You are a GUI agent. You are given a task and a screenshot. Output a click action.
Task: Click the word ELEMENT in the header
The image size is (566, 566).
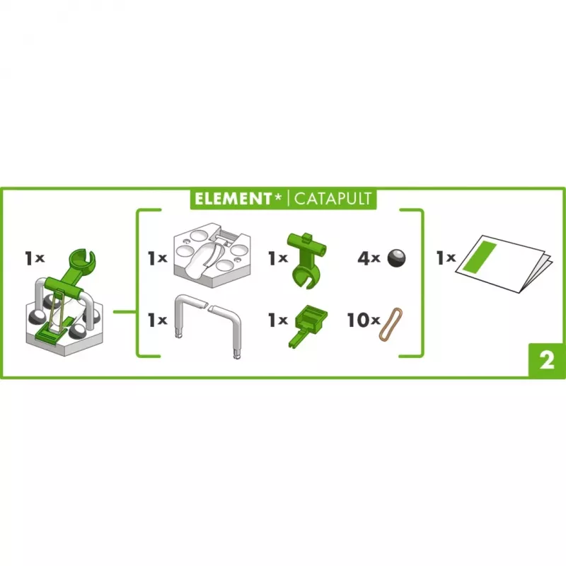(233, 199)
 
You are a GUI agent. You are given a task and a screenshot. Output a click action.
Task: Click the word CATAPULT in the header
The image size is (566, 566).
(333, 199)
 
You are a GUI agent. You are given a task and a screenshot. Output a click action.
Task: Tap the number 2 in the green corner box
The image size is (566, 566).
(546, 360)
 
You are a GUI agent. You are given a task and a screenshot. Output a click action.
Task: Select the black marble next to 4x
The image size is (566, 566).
(396, 258)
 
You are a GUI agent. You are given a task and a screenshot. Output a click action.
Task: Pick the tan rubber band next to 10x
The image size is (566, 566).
(391, 325)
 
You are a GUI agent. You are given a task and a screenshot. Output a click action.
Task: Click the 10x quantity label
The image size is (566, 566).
(363, 320)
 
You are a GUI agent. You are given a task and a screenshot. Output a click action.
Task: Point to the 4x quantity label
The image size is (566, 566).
(369, 258)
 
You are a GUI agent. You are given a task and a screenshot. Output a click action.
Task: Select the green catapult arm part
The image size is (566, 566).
(307, 260)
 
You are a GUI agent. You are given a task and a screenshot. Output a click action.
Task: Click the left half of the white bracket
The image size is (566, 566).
(190, 313)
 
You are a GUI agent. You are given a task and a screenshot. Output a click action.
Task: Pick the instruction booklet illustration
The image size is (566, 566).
(504, 264)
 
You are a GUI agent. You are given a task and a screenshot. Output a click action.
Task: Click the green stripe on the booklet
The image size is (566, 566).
(480, 258)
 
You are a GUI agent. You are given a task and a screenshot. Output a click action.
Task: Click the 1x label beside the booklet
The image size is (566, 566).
(446, 258)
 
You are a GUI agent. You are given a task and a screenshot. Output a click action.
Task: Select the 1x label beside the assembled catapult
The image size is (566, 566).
(34, 258)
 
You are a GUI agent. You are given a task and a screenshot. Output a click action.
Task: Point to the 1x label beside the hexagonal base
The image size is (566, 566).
(157, 258)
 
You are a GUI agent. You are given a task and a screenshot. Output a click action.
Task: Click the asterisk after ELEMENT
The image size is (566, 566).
(278, 197)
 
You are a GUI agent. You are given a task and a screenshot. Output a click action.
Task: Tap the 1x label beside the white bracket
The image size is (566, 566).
(157, 320)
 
